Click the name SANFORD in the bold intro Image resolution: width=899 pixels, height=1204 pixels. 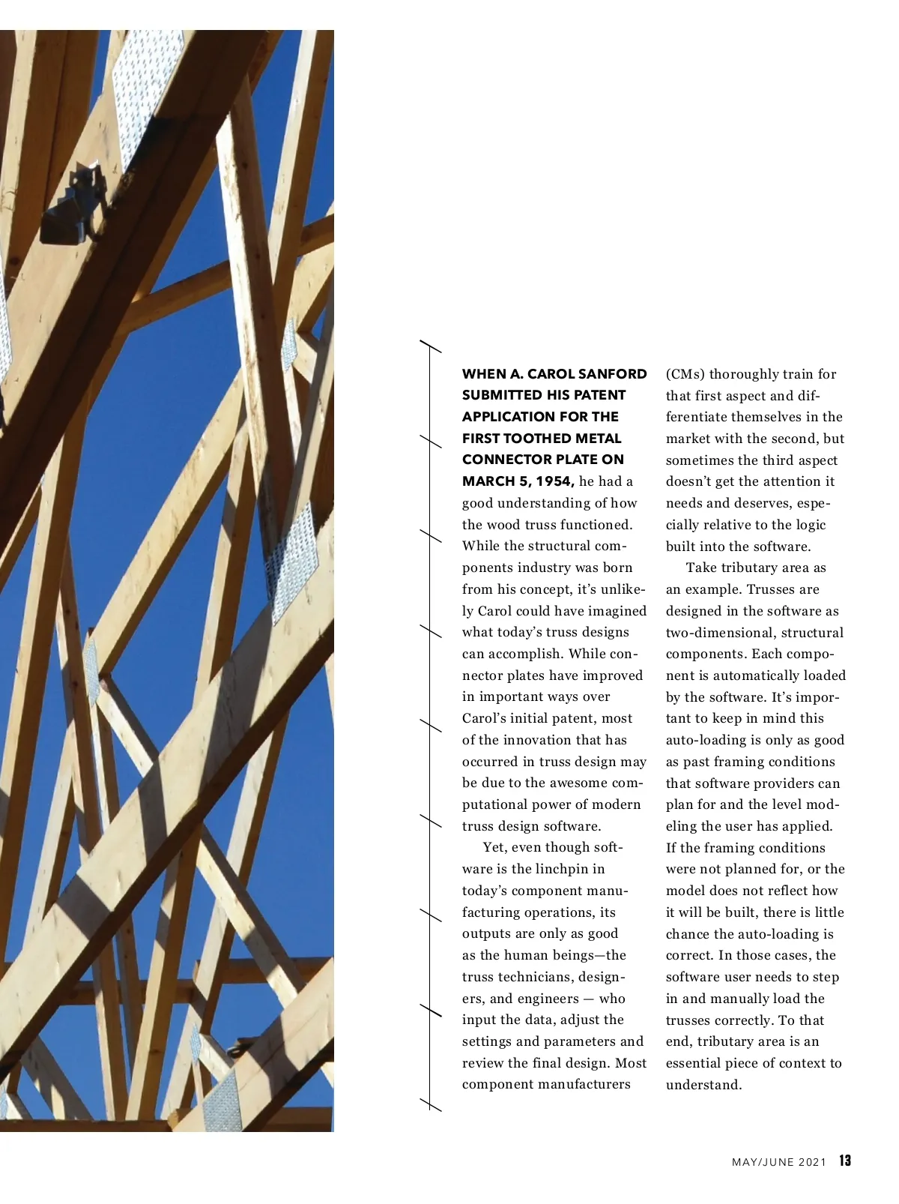[614, 374]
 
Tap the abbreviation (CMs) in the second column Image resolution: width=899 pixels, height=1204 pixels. [685, 374]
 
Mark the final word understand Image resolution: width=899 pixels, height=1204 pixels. [703, 1085]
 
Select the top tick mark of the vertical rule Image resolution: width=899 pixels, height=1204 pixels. [430, 346]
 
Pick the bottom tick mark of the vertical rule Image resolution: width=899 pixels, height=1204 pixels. [430, 1104]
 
